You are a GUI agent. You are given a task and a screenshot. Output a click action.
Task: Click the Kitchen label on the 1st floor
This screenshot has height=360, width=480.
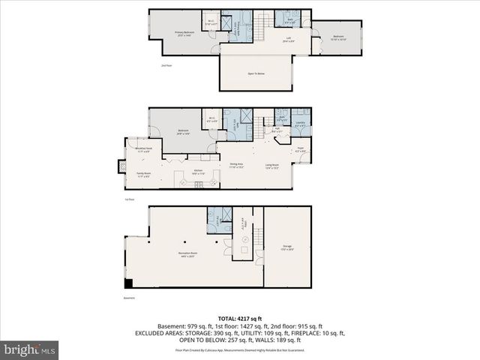[x=198, y=172]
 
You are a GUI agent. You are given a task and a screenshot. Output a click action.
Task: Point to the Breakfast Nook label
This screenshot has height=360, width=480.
[x=143, y=150]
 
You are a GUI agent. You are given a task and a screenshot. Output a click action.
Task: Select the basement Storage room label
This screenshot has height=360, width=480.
[x=286, y=247]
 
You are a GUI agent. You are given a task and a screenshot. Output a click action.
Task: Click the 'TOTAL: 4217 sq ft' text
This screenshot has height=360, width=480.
[x=239, y=318]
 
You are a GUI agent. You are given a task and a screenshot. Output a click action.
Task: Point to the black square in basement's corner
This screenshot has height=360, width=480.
[x=130, y=283]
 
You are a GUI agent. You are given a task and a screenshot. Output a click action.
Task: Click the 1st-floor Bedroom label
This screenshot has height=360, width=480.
[x=183, y=132]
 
